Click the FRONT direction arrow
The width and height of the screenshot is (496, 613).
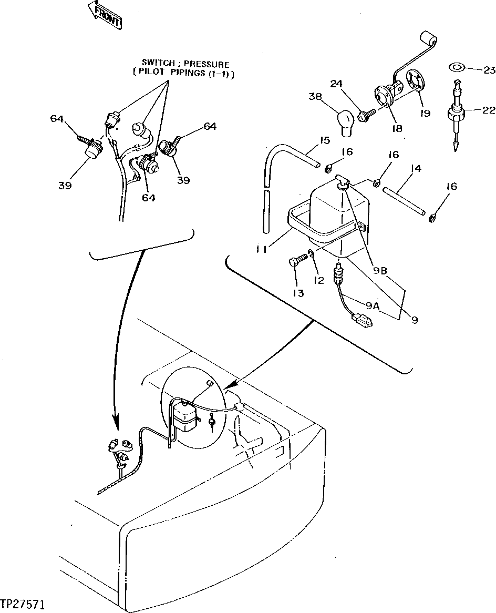point(105,14)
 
